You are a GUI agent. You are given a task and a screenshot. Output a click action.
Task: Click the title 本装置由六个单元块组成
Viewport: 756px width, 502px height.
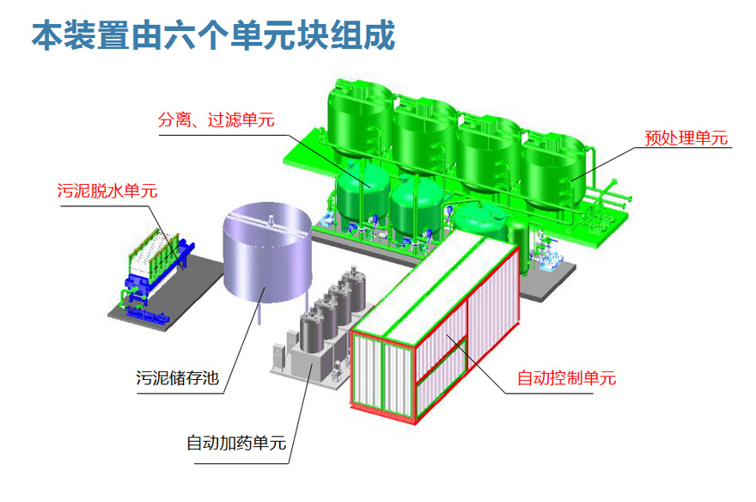212,37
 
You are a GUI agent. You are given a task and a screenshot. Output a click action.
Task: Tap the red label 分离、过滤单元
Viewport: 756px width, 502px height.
216,120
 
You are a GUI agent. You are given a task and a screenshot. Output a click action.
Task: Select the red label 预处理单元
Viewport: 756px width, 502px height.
686,138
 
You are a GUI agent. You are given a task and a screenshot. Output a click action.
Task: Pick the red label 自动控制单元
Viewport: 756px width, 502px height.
565,377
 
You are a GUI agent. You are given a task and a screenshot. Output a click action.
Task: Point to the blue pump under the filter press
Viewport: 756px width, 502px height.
155,311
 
